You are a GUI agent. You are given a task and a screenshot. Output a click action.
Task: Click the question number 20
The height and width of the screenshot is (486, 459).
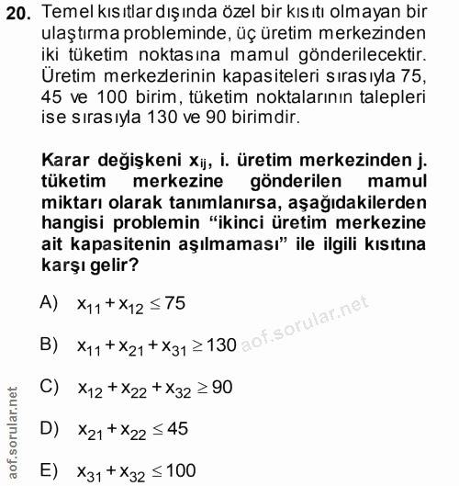[20, 13]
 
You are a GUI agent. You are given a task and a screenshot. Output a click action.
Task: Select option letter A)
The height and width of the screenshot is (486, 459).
[50, 303]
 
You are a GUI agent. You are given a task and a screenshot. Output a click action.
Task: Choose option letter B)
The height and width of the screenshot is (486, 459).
[50, 345]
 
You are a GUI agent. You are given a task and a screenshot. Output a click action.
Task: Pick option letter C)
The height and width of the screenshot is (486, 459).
[50, 387]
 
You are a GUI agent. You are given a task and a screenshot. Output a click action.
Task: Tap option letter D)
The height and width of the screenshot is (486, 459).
[50, 428]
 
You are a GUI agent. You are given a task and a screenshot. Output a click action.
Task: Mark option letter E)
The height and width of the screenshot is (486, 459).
[50, 469]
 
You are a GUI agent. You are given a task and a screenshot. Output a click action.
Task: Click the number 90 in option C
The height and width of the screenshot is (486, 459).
[221, 387]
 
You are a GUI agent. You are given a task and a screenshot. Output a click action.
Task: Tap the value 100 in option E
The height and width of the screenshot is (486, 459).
[182, 469]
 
